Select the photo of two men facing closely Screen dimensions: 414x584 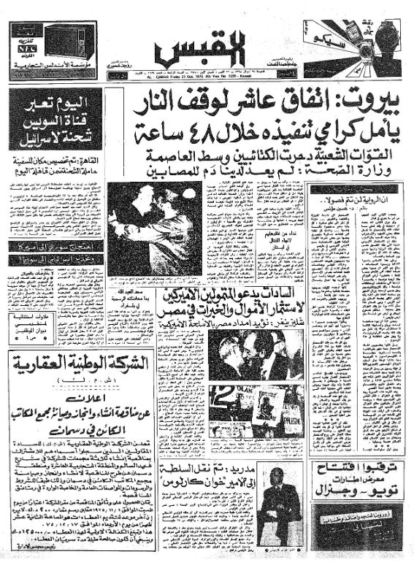252,356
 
